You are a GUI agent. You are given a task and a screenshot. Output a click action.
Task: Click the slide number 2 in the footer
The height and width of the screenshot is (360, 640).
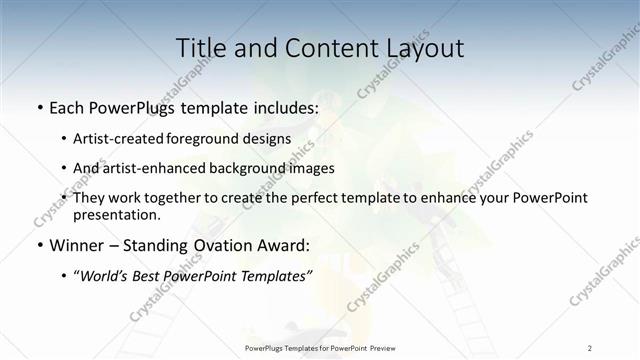(x=589, y=347)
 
